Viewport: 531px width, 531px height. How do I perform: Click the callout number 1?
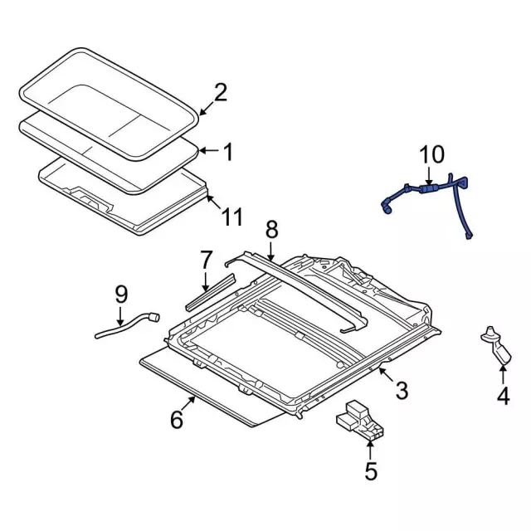[x=227, y=152]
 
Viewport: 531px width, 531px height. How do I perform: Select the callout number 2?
[x=220, y=92]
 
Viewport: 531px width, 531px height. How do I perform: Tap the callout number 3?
[x=401, y=389]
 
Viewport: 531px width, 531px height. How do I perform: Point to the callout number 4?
[x=503, y=397]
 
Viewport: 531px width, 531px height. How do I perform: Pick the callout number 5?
[x=370, y=471]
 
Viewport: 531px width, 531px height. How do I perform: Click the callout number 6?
[x=177, y=420]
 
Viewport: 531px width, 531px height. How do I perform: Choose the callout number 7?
[x=207, y=261]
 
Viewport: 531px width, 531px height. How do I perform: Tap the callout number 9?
[x=121, y=293]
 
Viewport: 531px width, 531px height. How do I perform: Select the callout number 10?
[x=431, y=155]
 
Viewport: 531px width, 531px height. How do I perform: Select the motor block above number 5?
[x=360, y=418]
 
